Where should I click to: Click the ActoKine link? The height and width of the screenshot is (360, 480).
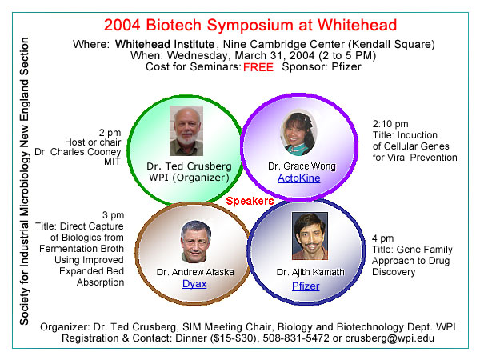click(298, 178)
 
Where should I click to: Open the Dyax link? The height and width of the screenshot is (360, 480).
click(194, 284)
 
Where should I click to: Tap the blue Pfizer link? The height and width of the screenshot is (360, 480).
click(306, 286)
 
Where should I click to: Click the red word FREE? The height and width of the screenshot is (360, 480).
click(258, 67)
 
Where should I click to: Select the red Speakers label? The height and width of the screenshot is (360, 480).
click(250, 201)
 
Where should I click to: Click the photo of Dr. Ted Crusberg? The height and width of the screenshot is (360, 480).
click(186, 130)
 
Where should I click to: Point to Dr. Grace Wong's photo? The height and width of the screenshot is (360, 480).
click(298, 133)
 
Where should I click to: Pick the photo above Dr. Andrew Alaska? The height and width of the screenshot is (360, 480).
click(196, 242)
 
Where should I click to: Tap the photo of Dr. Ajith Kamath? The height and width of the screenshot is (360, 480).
click(310, 236)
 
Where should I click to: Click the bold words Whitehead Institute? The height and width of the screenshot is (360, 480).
click(165, 44)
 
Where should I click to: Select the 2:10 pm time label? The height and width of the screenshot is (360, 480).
click(390, 124)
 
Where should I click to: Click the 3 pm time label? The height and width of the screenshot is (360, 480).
click(114, 215)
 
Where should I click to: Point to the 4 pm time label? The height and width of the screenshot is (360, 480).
click(382, 238)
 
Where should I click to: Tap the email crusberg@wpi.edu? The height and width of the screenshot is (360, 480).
click(390, 338)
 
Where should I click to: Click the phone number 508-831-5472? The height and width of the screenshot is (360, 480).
click(296, 338)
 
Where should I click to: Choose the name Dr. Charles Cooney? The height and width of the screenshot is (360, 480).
click(78, 152)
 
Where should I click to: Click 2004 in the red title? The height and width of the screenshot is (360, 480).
click(122, 25)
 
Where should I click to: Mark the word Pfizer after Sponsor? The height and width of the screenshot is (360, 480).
click(346, 67)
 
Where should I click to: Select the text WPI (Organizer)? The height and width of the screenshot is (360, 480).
click(189, 178)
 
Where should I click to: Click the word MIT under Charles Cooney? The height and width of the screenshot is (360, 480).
click(112, 162)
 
